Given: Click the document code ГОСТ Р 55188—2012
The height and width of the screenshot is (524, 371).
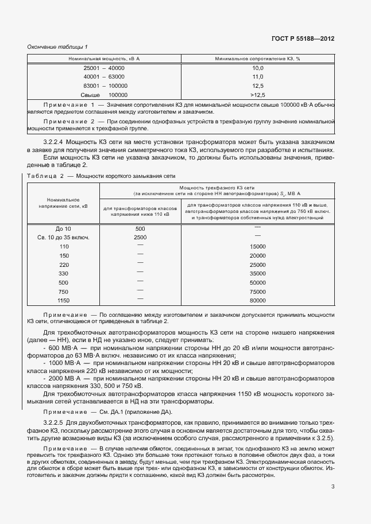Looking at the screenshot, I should (x=303, y=38).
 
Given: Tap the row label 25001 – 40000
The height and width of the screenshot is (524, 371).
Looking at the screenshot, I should (x=104, y=68).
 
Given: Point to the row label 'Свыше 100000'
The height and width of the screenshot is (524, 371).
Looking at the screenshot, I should (x=104, y=95).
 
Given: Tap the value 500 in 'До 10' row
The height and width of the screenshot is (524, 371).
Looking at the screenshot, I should (x=140, y=228).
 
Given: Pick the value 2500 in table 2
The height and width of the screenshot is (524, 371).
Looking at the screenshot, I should (x=140, y=237).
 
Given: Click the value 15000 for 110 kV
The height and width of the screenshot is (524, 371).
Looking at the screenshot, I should (x=258, y=246).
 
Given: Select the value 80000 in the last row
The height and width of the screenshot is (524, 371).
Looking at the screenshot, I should (x=258, y=300).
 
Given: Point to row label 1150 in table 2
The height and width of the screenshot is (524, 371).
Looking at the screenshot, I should (x=63, y=300).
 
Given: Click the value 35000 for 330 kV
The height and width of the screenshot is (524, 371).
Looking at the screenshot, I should (x=258, y=273).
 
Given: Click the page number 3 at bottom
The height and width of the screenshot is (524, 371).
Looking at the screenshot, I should (x=333, y=487).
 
